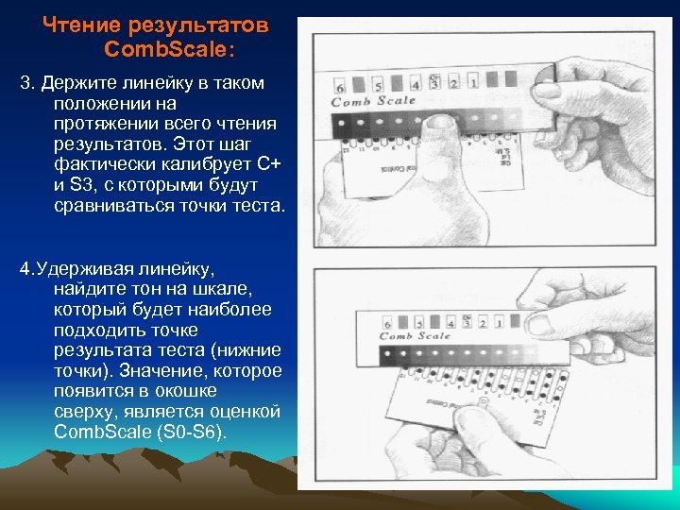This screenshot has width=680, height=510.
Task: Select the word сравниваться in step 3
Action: click(115, 206)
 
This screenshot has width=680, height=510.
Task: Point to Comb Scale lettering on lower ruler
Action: click(416, 335)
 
